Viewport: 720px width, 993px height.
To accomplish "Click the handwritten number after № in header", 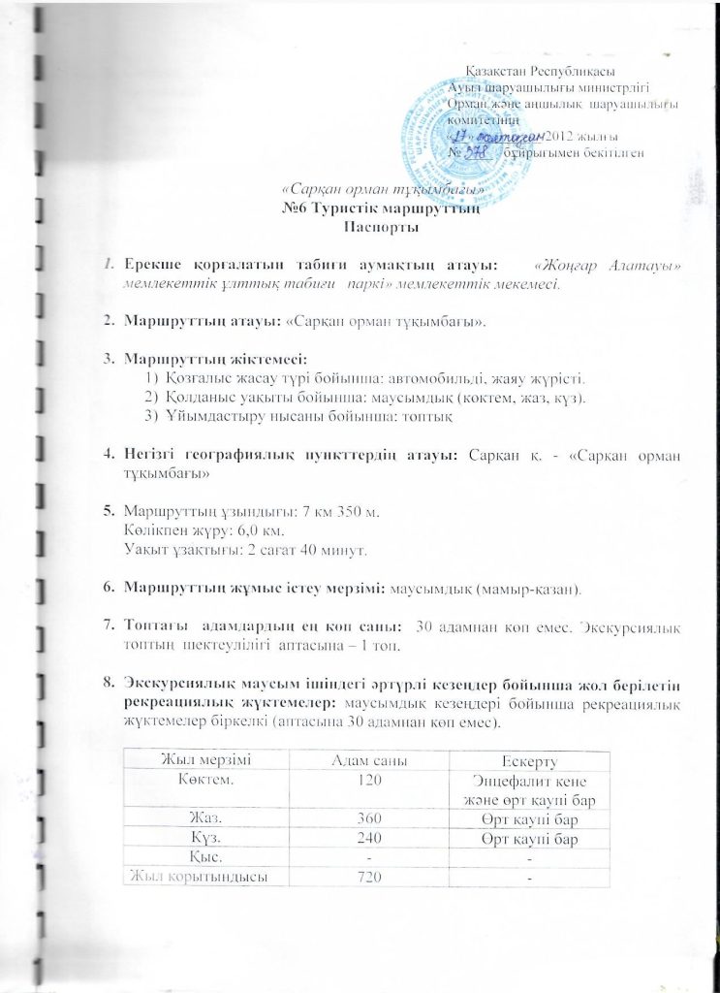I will tap(485, 153).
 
